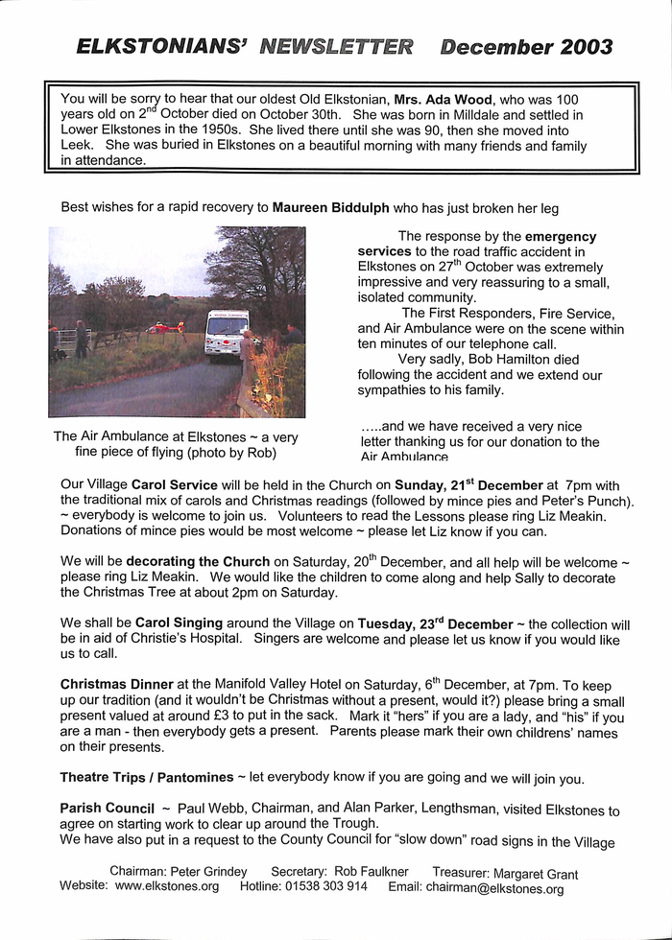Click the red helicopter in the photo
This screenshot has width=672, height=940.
click(165, 328)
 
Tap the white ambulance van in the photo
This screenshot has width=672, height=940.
click(227, 332)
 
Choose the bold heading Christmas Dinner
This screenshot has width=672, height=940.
click(117, 684)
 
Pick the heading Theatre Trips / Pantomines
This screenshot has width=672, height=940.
click(147, 777)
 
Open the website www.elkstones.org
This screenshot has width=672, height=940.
click(167, 887)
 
